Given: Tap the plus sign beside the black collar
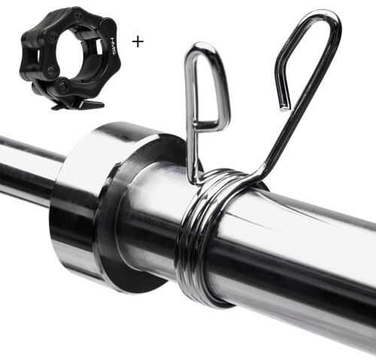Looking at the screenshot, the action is (138, 42).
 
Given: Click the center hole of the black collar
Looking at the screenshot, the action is (76, 51).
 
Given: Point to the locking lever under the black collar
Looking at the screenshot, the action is (83, 103).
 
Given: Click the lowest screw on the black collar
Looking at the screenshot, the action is (62, 86).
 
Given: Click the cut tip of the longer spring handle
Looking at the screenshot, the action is (285, 108).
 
